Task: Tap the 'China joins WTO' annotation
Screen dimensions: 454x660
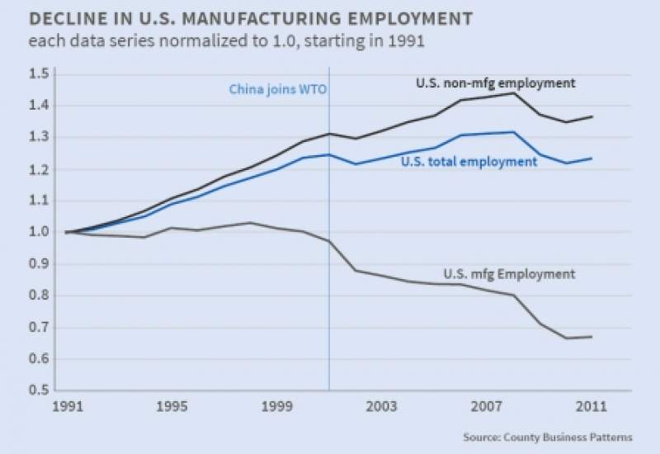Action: pyautogui.click(x=277, y=89)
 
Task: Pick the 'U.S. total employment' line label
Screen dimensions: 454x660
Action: pyautogui.click(x=469, y=162)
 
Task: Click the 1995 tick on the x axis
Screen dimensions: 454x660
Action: pyautogui.click(x=169, y=407)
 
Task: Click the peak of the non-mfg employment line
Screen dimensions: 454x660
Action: pyautogui.click(x=513, y=93)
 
